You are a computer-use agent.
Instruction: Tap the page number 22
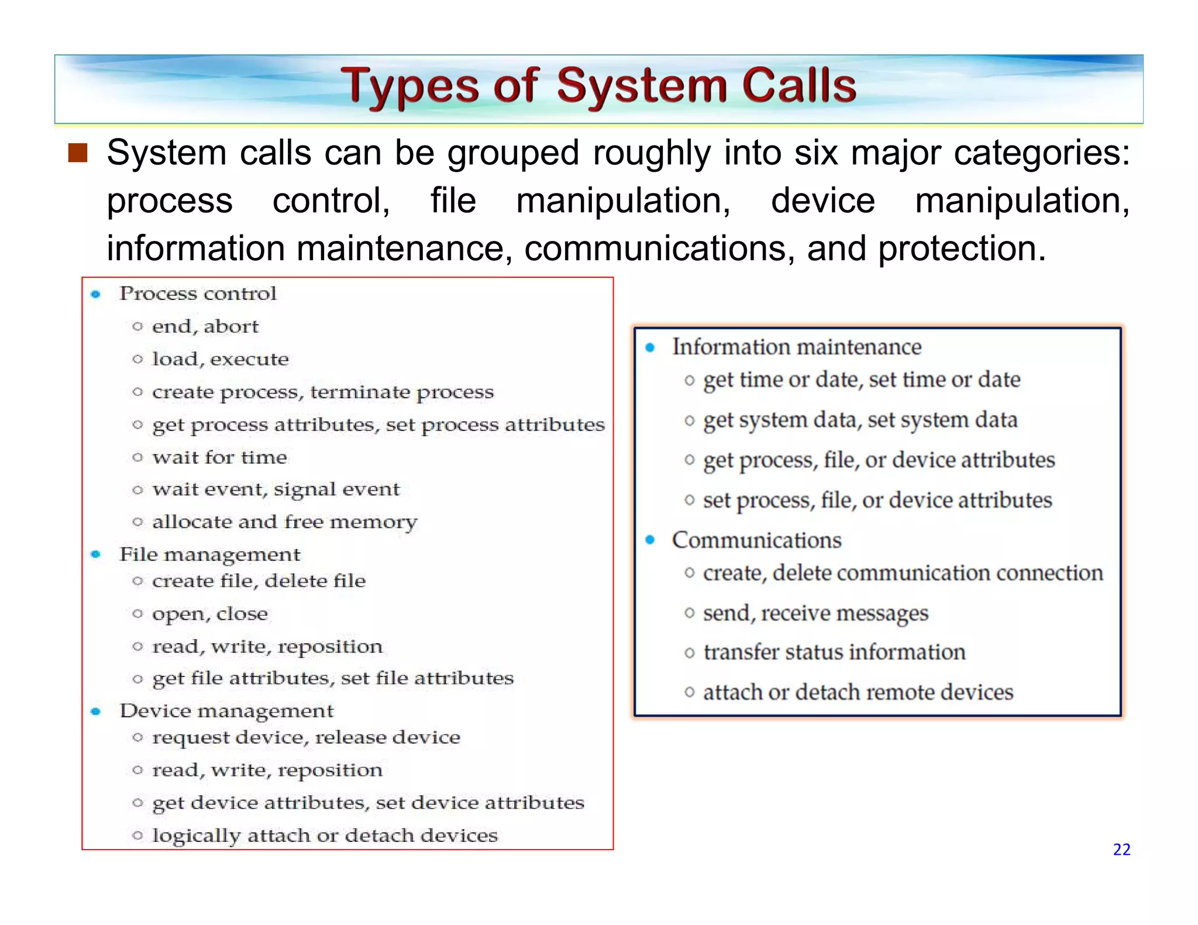coord(1121,850)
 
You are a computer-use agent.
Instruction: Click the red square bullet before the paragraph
coord(78,153)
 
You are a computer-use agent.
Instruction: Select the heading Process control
coord(198,294)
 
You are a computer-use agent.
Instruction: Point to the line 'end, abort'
coord(205,326)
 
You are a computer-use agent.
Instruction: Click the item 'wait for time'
coord(219,457)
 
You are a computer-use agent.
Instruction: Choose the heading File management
coord(209,554)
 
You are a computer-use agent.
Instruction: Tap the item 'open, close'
coord(209,614)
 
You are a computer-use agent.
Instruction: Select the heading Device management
coord(226,711)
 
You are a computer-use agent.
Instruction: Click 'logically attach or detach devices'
coord(325,836)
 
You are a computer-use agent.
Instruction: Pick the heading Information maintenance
coord(796,347)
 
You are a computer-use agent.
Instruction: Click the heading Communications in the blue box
coord(756,540)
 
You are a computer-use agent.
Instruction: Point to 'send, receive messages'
coord(815,613)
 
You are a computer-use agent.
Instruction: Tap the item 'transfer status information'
coord(834,653)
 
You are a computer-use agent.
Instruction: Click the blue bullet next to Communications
coord(650,540)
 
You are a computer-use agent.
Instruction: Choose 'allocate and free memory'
coord(284,522)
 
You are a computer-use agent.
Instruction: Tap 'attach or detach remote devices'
coord(858,693)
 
